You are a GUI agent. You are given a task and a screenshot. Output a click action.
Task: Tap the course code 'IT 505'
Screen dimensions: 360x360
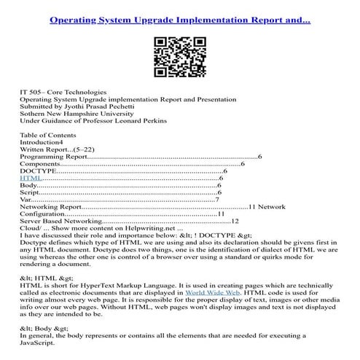click(x=31, y=93)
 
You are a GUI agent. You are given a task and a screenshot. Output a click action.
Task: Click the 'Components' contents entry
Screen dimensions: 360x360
click(x=44, y=163)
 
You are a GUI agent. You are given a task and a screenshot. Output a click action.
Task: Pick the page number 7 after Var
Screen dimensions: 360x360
click(x=218, y=199)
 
